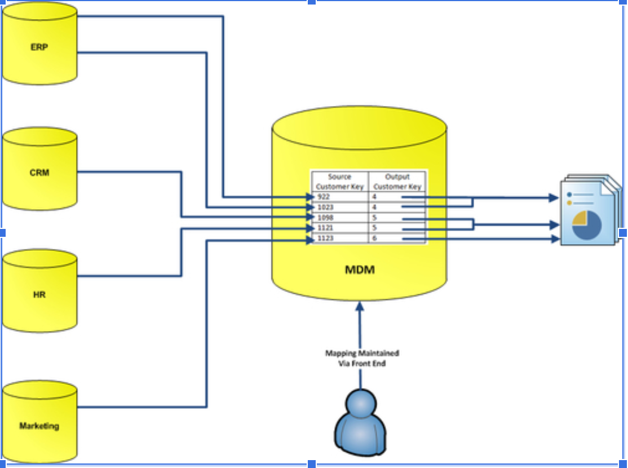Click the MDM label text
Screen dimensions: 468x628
click(x=360, y=270)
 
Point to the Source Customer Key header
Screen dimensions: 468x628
click(x=340, y=182)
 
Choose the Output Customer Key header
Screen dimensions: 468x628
click(x=397, y=182)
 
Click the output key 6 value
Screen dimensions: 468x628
click(x=374, y=239)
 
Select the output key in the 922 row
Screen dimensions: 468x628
click(x=374, y=197)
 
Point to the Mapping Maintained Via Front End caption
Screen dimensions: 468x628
click(x=362, y=358)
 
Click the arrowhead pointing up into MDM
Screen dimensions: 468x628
click(x=360, y=307)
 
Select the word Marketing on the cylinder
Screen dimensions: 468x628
click(x=39, y=426)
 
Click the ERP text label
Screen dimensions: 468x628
click(x=39, y=47)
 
